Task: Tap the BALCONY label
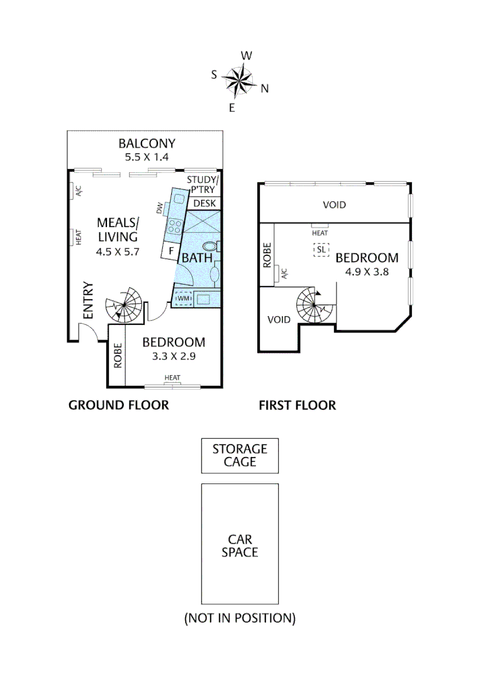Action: (147, 143)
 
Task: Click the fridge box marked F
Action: (169, 251)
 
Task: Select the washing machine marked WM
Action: (183, 298)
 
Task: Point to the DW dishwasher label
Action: (160, 207)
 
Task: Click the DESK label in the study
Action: (204, 203)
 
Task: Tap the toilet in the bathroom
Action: (212, 246)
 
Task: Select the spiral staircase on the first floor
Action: (315, 306)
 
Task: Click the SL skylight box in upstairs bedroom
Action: (321, 250)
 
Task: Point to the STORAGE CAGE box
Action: (240, 456)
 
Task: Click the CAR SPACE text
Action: (240, 546)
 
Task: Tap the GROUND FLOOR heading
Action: (118, 405)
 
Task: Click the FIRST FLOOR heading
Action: (298, 405)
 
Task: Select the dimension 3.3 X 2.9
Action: (174, 356)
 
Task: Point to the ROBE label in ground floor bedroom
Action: (117, 356)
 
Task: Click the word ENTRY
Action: (88, 301)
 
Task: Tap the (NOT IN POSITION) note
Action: (240, 618)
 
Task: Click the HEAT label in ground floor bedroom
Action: (172, 378)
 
